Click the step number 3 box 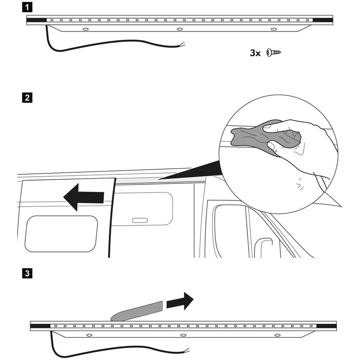pyautogui.click(x=27, y=274)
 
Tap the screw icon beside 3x pyautogui.click(x=274, y=53)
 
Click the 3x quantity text pyautogui.click(x=255, y=53)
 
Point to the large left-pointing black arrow pyautogui.click(x=84, y=197)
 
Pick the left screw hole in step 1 pyautogui.click(x=85, y=29)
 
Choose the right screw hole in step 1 pyautogui.click(x=273, y=29)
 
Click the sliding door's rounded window pyautogui.click(x=61, y=234)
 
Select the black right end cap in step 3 pyautogui.click(x=327, y=326)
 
